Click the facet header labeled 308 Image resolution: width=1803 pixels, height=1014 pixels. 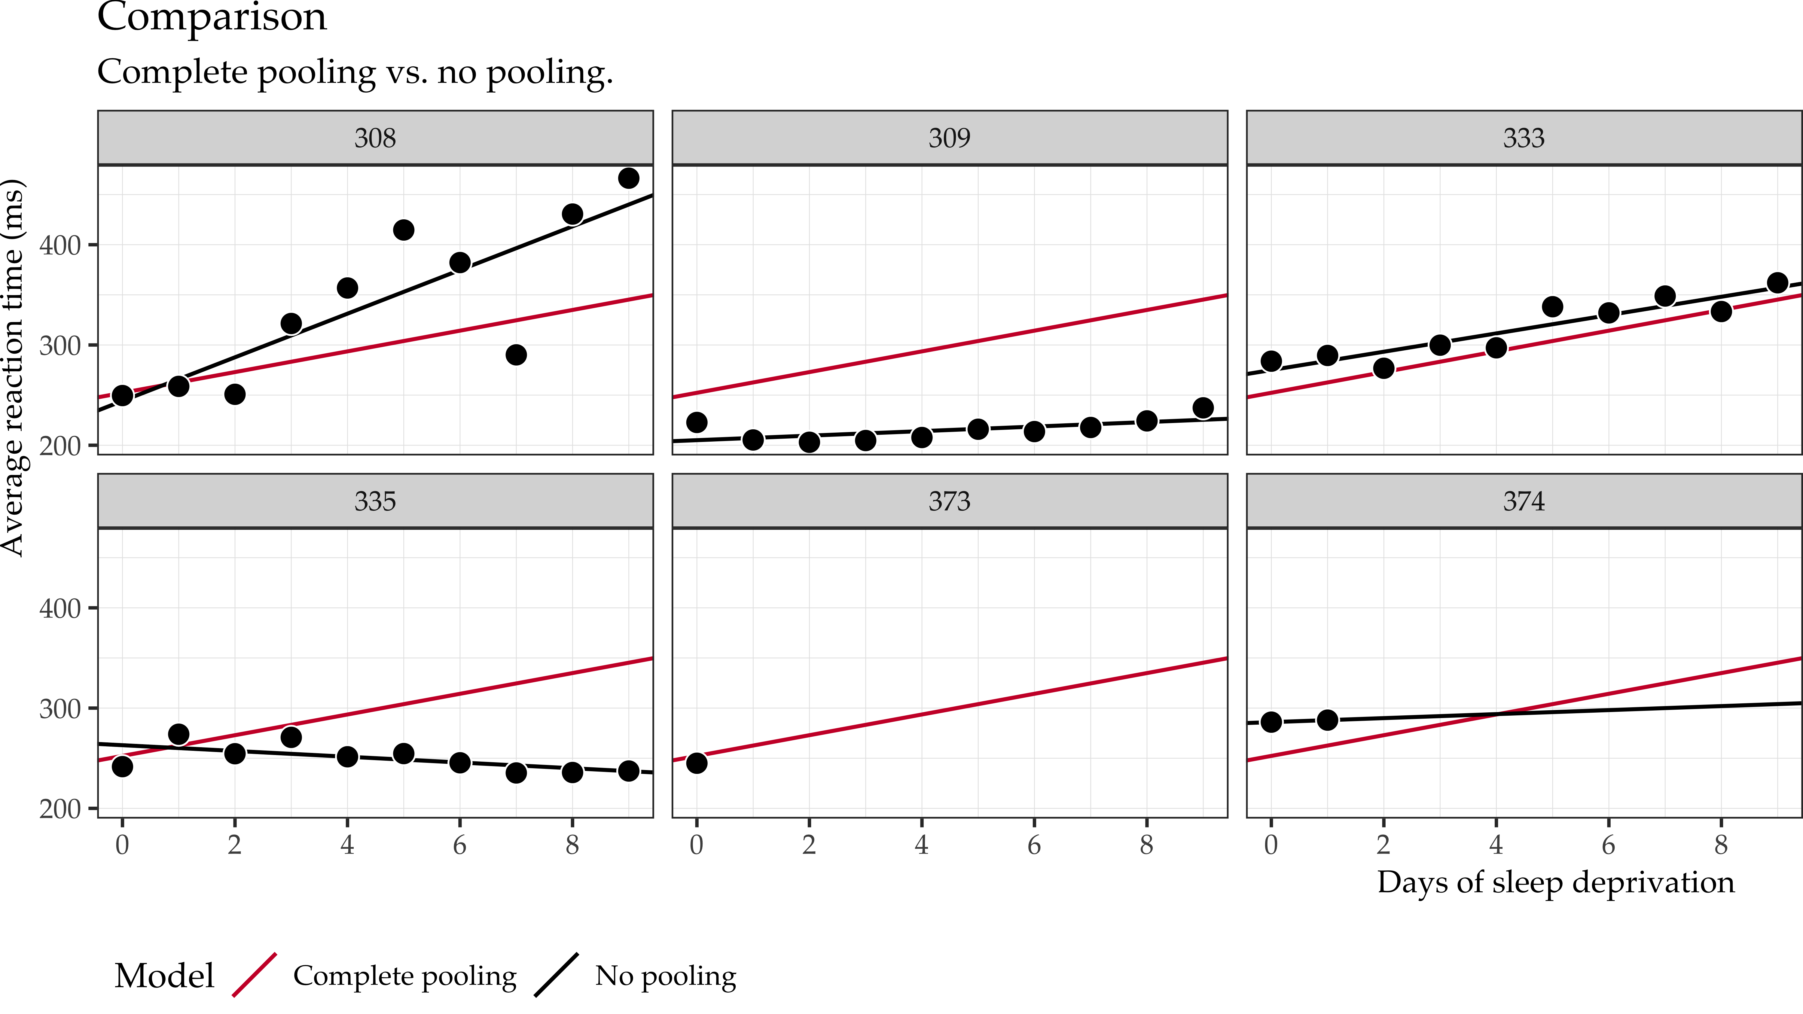click(375, 138)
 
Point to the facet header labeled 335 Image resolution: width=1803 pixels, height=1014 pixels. click(375, 501)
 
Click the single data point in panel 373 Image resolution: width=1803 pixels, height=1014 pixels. click(697, 763)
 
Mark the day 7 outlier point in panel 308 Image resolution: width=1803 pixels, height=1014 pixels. click(516, 355)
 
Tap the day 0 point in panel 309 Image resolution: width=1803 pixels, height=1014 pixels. click(697, 422)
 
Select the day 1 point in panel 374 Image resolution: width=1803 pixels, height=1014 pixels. click(1327, 719)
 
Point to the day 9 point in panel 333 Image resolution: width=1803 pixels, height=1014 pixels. click(1777, 283)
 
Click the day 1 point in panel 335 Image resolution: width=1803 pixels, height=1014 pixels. click(178, 734)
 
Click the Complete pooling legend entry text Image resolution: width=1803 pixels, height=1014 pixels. click(404, 976)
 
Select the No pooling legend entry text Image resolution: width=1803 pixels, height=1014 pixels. click(665, 976)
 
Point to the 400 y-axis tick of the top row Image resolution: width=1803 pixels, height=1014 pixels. click(59, 246)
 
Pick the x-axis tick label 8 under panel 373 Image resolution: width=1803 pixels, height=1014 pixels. click(1146, 845)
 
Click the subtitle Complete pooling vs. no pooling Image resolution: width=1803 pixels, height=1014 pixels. click(355, 72)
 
